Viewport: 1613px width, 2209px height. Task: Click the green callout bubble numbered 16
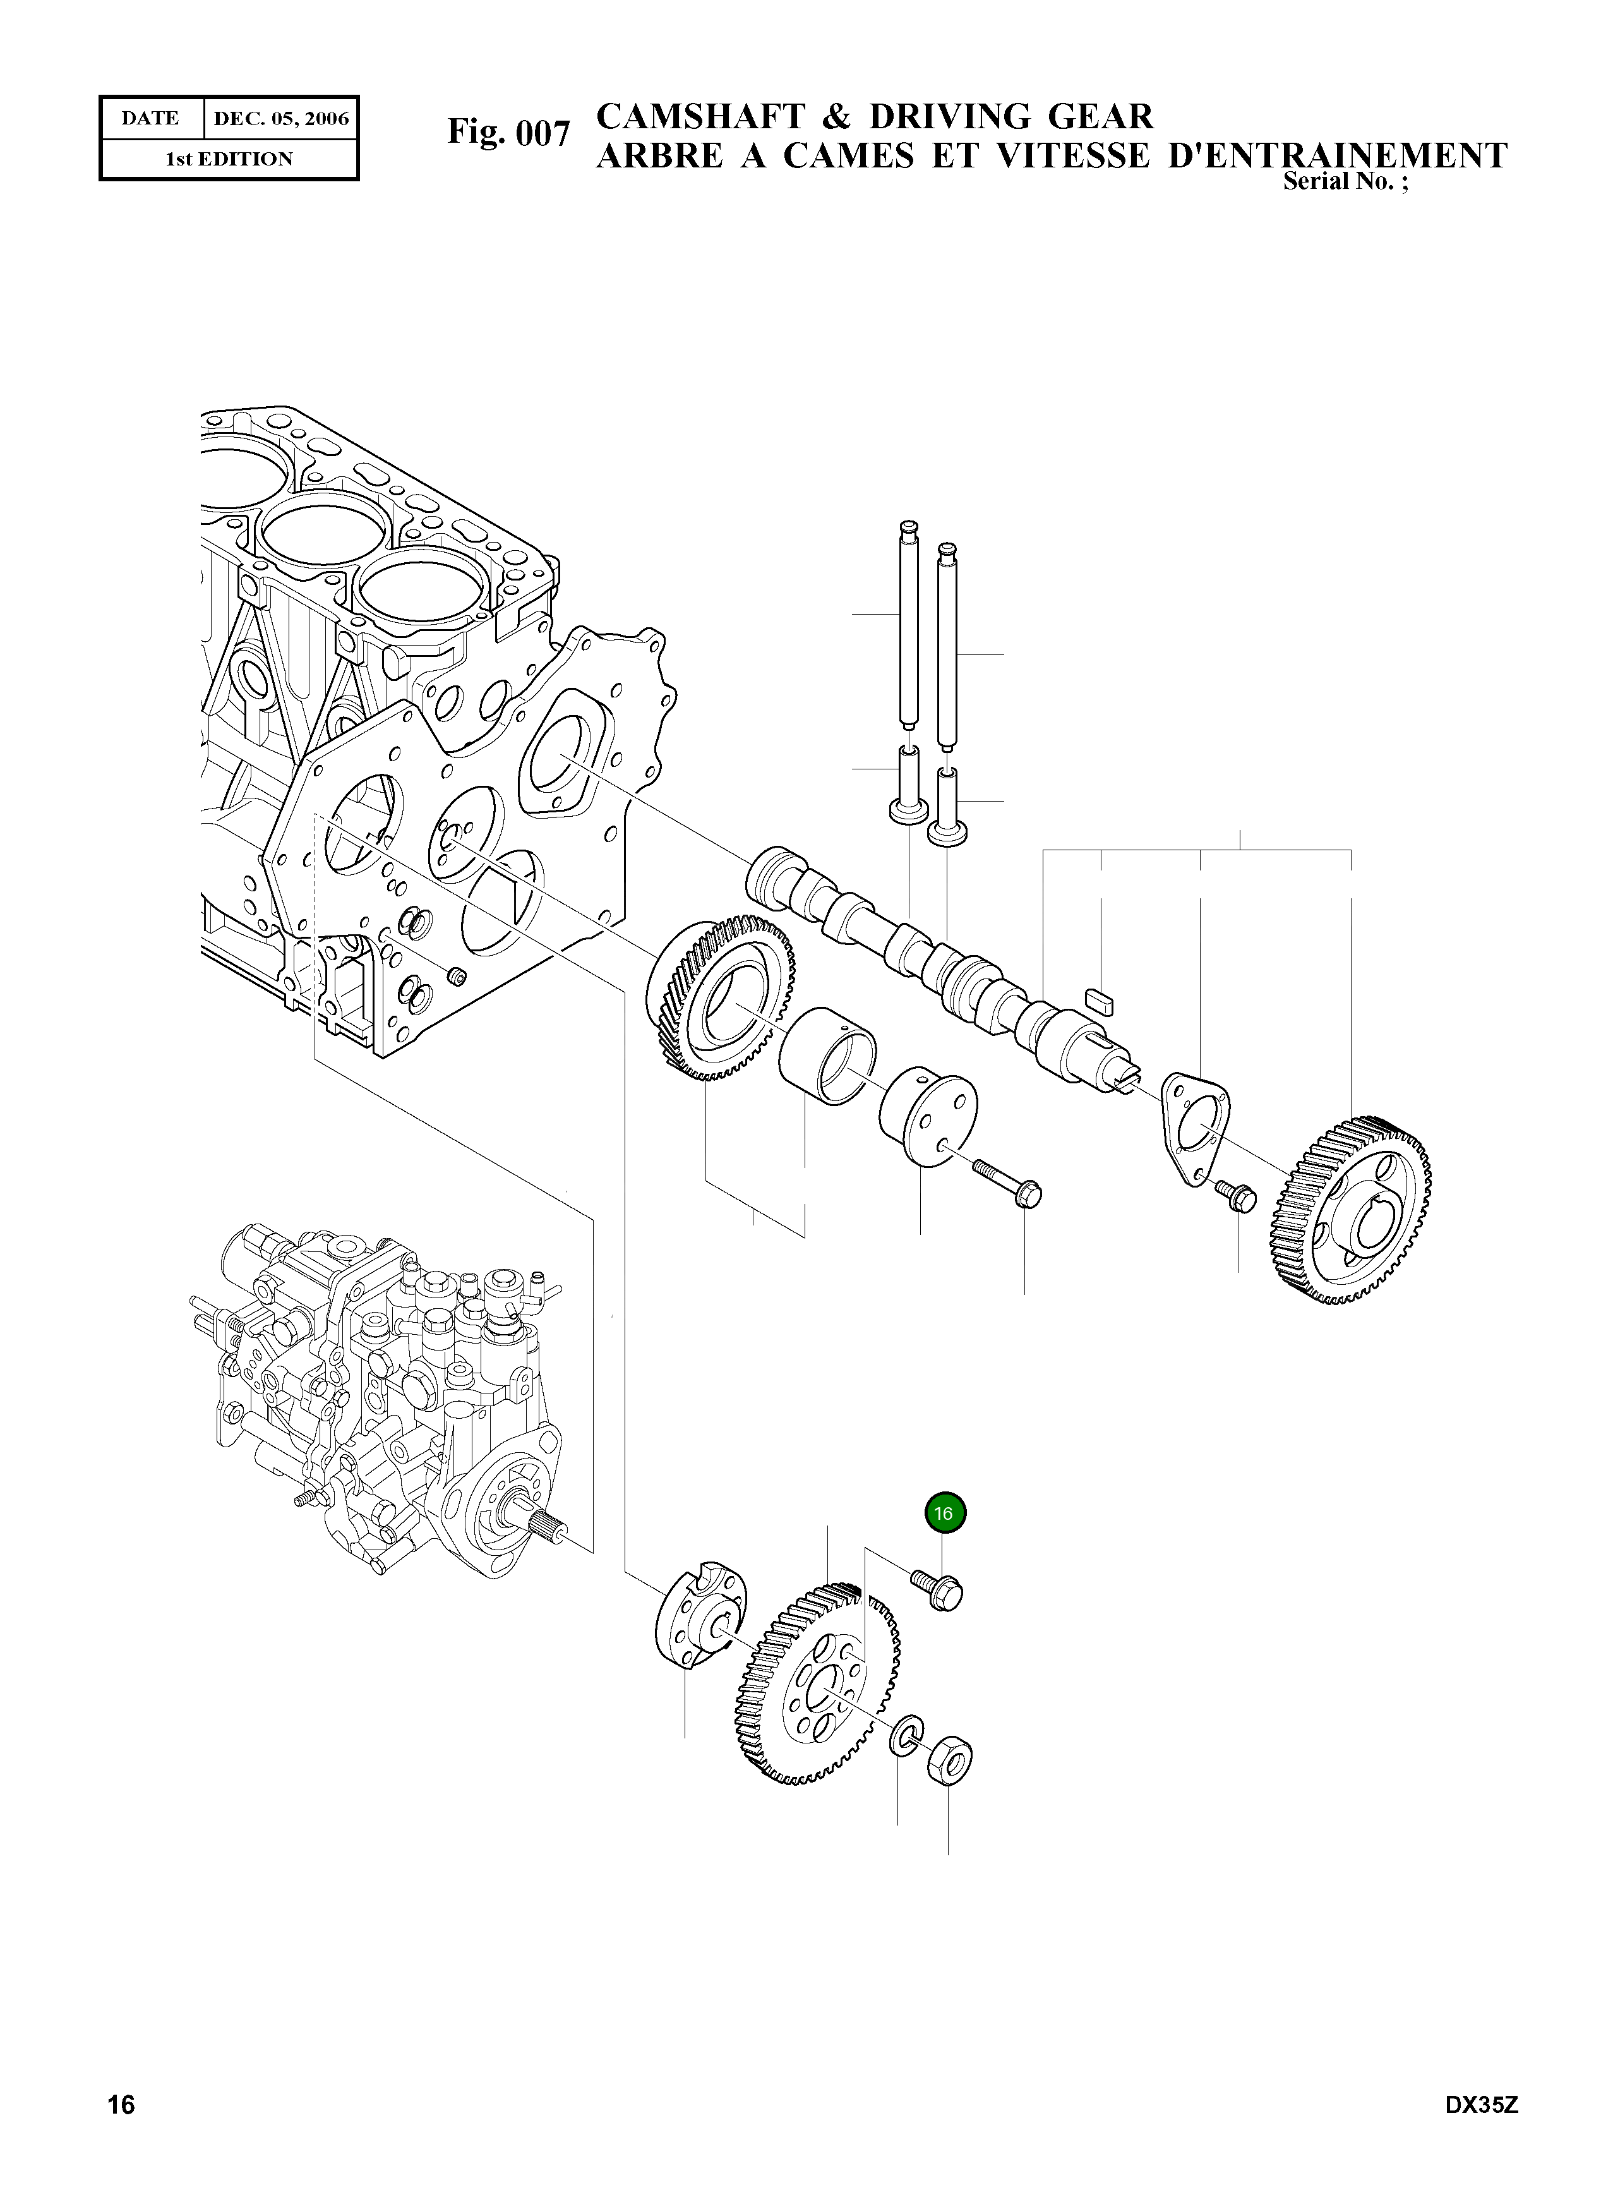(x=944, y=1514)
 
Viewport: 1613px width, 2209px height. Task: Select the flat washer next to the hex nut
(x=904, y=1733)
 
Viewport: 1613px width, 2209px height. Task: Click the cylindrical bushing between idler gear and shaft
(x=827, y=1056)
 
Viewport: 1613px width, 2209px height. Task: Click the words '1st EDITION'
(x=229, y=159)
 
